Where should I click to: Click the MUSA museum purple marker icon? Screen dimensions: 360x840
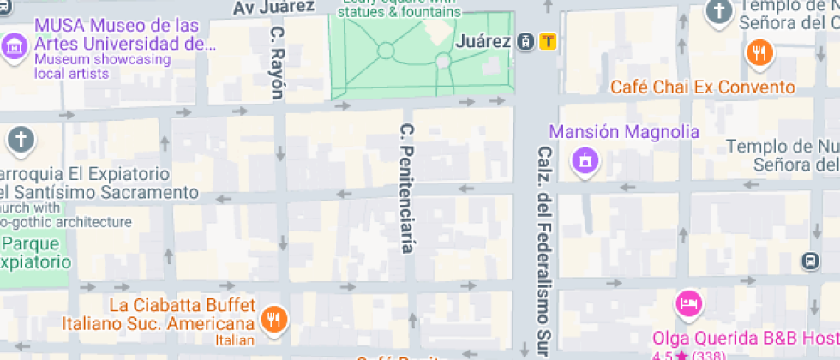click(x=14, y=45)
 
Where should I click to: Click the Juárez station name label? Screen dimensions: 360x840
click(x=484, y=40)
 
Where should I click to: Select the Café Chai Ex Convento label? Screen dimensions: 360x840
click(x=702, y=87)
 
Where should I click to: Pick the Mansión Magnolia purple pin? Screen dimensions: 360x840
click(x=585, y=160)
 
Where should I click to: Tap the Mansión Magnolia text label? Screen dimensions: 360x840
click(x=623, y=132)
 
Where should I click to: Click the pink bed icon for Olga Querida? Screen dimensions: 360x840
click(x=689, y=303)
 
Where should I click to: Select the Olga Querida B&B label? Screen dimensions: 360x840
click(x=745, y=337)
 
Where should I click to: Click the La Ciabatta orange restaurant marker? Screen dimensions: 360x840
click(x=274, y=320)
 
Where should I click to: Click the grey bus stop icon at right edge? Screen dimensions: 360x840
click(x=809, y=260)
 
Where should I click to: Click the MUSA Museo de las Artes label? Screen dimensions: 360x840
click(x=119, y=35)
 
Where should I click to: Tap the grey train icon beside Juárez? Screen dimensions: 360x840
click(x=525, y=40)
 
